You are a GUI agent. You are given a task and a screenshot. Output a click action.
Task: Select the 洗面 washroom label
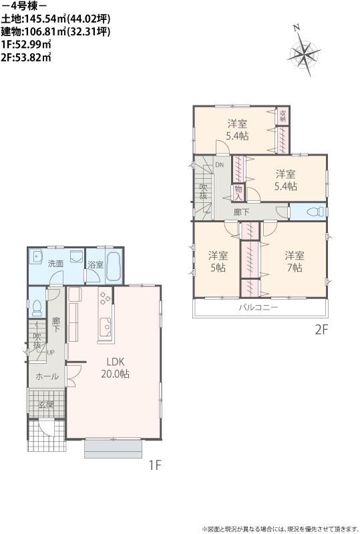(55, 264)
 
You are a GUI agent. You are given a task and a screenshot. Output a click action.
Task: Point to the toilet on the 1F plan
(37, 307)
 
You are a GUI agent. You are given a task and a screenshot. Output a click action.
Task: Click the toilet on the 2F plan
(311, 212)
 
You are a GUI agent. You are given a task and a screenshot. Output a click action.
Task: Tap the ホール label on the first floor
(46, 376)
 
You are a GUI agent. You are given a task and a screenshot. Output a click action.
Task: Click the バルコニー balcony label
(258, 308)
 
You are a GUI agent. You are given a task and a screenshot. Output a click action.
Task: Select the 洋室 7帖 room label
(294, 261)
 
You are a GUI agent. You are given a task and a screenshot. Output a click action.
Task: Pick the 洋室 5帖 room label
(217, 261)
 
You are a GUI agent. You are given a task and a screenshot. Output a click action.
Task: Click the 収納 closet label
(283, 116)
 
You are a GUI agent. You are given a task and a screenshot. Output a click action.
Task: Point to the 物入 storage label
(237, 192)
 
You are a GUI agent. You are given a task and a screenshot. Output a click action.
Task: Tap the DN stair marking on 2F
(219, 165)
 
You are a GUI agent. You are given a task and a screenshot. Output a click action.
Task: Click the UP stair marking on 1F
(51, 352)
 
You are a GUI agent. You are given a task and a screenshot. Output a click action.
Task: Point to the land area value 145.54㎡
(53, 19)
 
